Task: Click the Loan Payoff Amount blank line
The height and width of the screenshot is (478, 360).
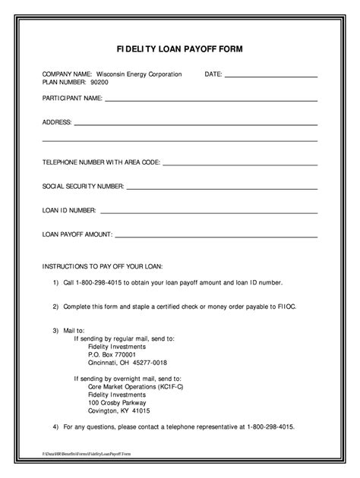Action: [x=216, y=236]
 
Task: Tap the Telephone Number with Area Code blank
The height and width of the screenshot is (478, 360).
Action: [x=240, y=163]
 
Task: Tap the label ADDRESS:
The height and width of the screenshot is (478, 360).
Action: [x=57, y=122]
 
